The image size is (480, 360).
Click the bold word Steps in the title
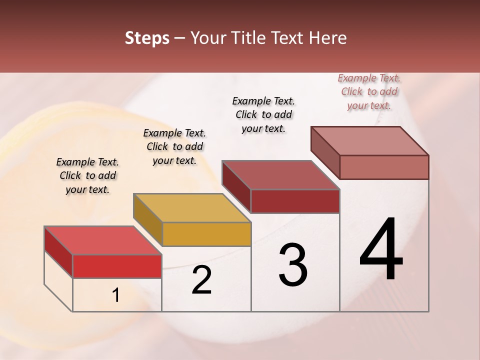coord(147,38)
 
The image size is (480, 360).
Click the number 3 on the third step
coord(293,265)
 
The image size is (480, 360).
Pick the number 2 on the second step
coord(201,280)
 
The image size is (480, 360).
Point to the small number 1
coord(116,295)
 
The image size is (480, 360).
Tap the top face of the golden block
coord(192,208)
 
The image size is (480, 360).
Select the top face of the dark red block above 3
coord(280,175)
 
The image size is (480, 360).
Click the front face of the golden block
coord(206,234)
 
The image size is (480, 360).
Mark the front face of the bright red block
coord(117,266)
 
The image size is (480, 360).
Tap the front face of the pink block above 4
coord(384,167)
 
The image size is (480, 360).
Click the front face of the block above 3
coord(295,201)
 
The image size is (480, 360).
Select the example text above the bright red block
coord(87,175)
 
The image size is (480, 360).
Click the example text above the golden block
coord(174,146)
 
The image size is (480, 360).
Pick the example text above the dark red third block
coord(263,114)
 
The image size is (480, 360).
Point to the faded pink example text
coord(369,91)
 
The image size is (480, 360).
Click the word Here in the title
coord(328,38)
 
